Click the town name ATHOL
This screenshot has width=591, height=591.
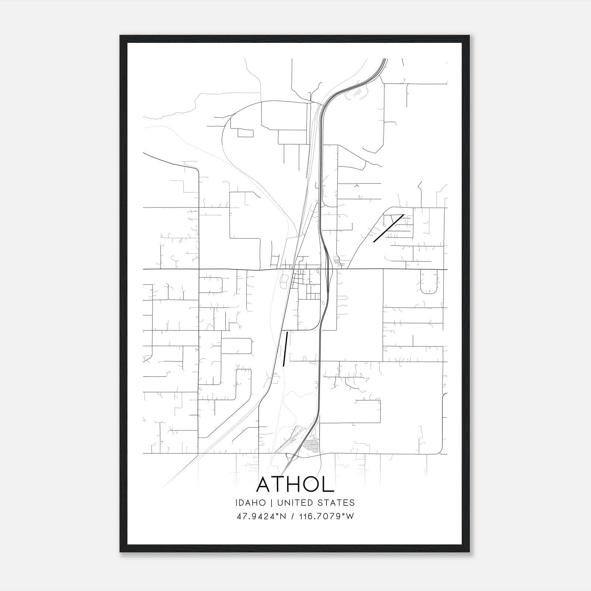click(x=295, y=484)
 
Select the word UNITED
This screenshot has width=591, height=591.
click(x=295, y=503)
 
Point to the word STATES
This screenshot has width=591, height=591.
click(x=337, y=503)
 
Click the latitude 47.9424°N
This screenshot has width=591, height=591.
click(x=262, y=516)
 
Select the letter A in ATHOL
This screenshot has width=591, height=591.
click(x=264, y=484)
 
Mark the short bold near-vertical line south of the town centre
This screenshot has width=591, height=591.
click(x=285, y=349)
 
